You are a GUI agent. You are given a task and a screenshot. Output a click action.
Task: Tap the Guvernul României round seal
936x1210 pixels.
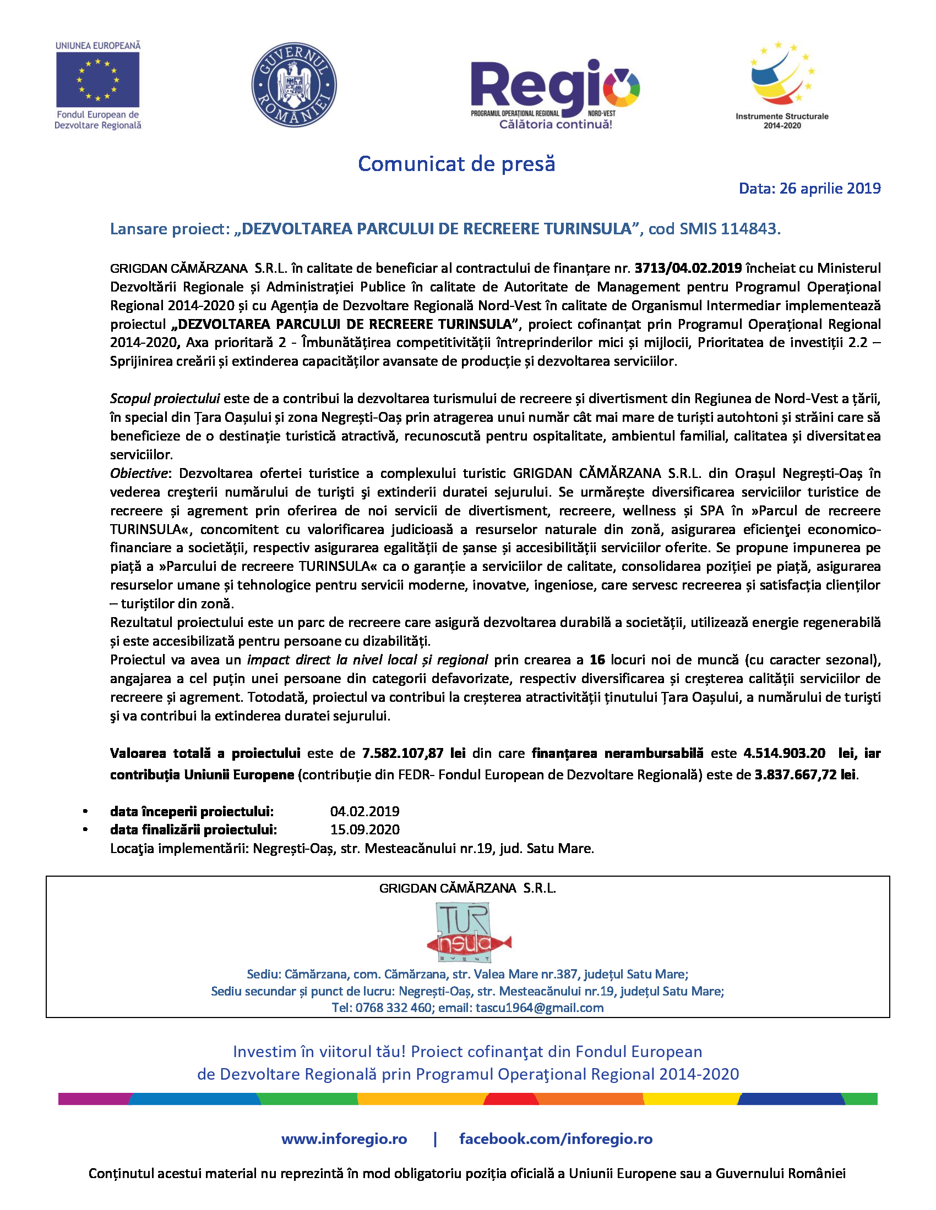[x=294, y=85]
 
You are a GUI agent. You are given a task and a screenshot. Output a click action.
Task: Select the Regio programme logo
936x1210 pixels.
[x=555, y=92]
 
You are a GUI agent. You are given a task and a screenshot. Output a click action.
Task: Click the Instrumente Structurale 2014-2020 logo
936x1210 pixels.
[x=782, y=84]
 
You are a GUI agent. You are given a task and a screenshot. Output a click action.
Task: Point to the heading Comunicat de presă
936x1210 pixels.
[x=456, y=164]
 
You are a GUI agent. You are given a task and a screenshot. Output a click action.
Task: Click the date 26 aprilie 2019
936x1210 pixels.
[x=830, y=189]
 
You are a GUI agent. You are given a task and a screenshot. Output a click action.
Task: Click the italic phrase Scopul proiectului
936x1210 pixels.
[x=165, y=398]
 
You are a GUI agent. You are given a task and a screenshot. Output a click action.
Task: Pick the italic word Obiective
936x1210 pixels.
[x=139, y=473]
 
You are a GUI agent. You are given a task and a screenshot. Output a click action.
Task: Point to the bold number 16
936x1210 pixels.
[x=597, y=660]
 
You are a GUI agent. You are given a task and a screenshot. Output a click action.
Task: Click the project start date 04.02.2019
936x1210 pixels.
[x=365, y=812]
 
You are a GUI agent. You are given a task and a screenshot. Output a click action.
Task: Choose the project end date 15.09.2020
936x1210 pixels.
[x=365, y=830]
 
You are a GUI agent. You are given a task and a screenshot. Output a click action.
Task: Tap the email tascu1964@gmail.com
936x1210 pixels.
[x=540, y=1008]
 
